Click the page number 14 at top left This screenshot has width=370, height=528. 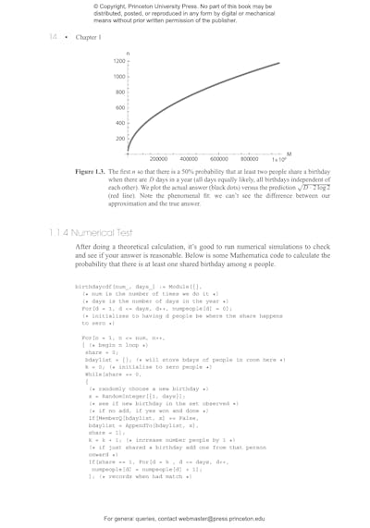(x=53, y=37)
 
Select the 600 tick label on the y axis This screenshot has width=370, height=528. (x=120, y=107)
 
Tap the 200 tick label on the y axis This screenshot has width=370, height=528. (x=120, y=139)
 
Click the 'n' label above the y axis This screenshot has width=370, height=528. (x=128, y=53)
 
